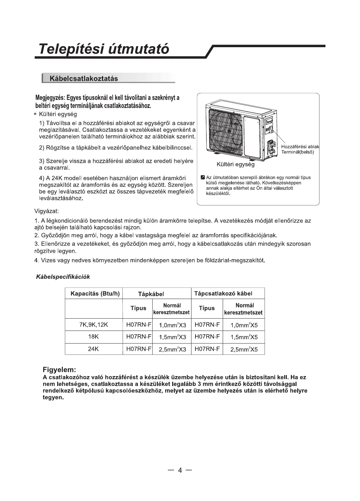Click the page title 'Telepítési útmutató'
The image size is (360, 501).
click(x=104, y=49)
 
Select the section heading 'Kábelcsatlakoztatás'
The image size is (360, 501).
click(x=83, y=79)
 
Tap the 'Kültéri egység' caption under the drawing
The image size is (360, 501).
click(x=235, y=164)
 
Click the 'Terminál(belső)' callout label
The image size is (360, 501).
click(x=298, y=152)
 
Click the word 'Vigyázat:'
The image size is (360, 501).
click(x=47, y=211)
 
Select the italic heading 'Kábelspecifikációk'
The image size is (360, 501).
click(x=63, y=276)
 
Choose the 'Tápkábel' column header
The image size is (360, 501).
click(x=151, y=294)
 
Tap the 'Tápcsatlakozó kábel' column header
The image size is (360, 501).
click(x=223, y=293)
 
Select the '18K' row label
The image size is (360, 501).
click(x=94, y=337)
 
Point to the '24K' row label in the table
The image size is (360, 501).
click(x=94, y=349)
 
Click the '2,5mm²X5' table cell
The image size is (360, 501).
click(x=244, y=350)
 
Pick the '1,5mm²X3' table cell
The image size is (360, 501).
click(x=173, y=337)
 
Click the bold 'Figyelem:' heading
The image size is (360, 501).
click(x=60, y=369)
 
